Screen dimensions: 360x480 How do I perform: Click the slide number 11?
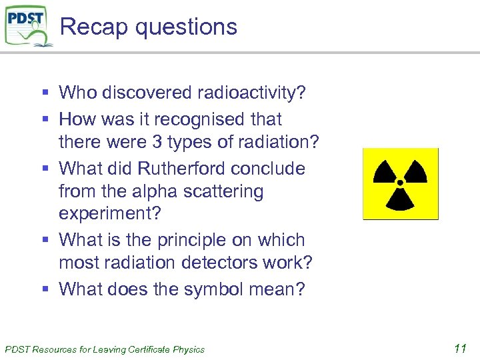click(x=459, y=347)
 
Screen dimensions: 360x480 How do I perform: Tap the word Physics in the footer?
click(x=189, y=349)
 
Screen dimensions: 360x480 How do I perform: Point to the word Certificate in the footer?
click(x=147, y=349)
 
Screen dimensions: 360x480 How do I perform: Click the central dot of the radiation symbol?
click(x=400, y=181)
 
